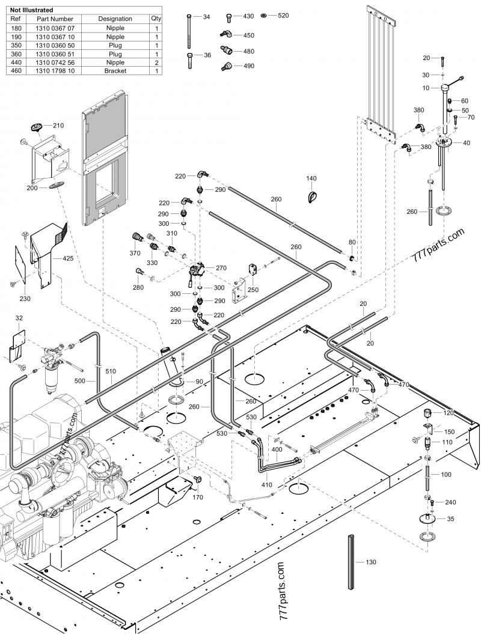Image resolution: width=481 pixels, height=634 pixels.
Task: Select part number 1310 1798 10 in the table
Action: pos(55,71)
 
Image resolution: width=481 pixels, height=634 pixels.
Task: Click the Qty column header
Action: pos(156,19)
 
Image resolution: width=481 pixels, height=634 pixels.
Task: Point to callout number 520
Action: pos(284,14)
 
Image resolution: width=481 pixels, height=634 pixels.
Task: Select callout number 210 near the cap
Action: pos(58,126)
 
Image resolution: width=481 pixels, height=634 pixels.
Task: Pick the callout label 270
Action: pos(221,268)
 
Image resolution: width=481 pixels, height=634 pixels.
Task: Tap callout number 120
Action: pos(449,413)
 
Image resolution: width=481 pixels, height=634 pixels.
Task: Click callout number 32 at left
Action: pos(19,318)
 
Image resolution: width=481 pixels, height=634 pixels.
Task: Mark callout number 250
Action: pos(254,290)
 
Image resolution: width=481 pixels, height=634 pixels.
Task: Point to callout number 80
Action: pos(352,242)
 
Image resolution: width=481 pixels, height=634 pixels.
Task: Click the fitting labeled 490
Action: pos(248,66)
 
